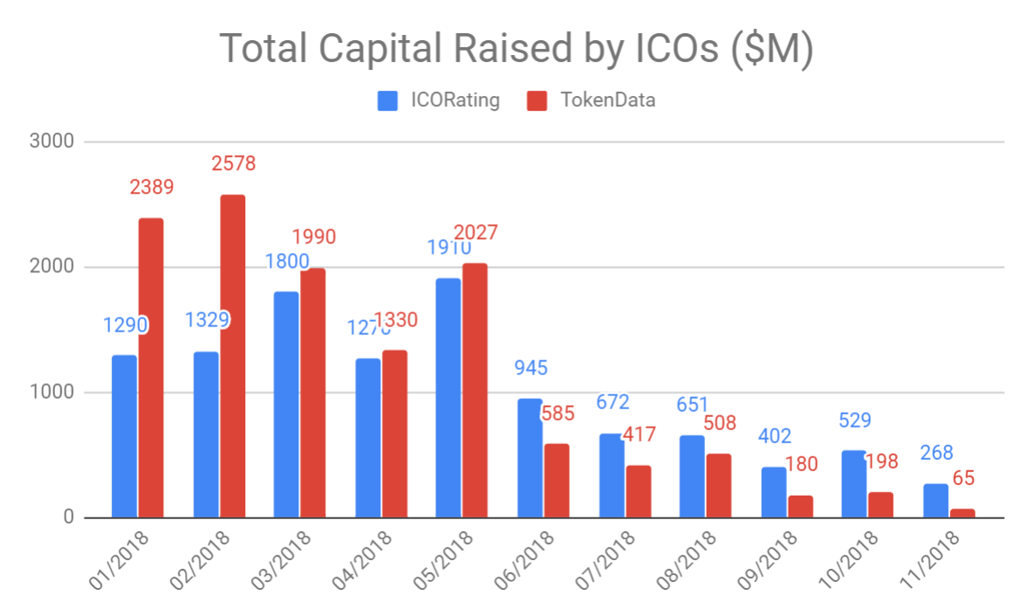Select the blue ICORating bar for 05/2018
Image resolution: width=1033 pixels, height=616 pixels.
[x=448, y=398]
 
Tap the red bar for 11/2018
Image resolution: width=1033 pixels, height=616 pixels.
[x=962, y=513]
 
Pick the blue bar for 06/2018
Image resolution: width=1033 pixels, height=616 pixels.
[x=530, y=458]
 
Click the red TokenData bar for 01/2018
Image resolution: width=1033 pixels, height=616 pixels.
[x=151, y=367]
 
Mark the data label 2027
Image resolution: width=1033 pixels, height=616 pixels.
[x=475, y=233]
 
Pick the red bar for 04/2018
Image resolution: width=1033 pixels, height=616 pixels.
[x=395, y=434]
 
